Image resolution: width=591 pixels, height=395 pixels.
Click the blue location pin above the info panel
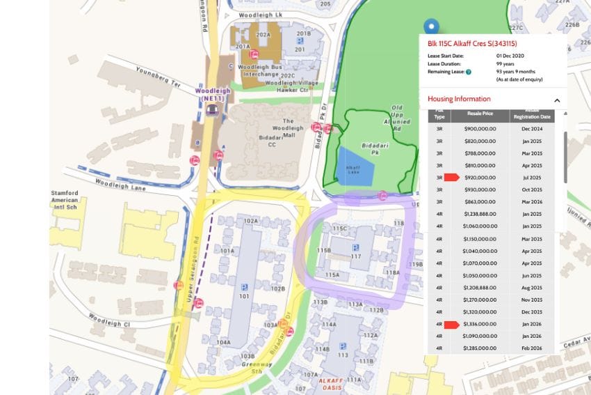tap(432, 27)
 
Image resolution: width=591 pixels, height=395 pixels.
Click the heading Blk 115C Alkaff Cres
tap(477, 43)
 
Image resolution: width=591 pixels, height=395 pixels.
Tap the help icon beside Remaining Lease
tap(469, 72)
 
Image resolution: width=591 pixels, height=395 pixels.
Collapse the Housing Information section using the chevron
tap(557, 100)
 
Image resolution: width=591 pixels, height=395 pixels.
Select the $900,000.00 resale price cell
tap(480, 129)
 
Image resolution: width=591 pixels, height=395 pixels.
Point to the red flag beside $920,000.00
tap(451, 178)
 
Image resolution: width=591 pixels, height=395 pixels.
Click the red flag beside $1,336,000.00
tap(451, 324)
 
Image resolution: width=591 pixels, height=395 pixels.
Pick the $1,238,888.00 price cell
tap(480, 214)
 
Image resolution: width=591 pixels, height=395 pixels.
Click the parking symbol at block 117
tap(355, 247)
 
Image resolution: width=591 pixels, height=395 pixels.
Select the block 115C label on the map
tap(339, 228)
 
